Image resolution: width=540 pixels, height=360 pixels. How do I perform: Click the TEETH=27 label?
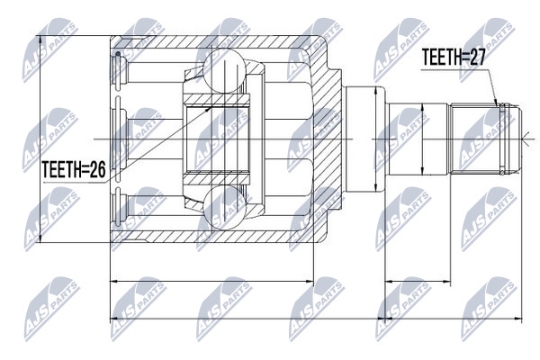pos(454,58)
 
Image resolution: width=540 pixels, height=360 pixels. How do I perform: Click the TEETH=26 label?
pos(74,169)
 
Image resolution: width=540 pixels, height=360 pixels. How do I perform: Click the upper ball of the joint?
pos(224,70)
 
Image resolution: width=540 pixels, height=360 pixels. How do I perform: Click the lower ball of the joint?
pos(224,208)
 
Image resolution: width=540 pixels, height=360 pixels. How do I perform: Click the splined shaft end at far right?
pos(486,139)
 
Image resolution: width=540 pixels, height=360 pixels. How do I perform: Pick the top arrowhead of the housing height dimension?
pos(40,40)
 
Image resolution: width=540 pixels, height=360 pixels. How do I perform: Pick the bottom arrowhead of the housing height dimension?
pos(40,238)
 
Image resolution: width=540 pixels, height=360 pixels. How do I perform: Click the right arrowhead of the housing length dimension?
pos(309,282)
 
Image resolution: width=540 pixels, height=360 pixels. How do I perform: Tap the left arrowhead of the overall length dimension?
pos(114,319)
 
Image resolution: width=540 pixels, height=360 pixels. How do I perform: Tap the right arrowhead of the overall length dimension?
pos(518,319)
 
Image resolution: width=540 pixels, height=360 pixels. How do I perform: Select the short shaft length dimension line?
pos(418,282)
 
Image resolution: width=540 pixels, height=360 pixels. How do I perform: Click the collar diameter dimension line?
pos(375,139)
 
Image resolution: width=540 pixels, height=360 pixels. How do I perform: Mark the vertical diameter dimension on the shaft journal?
pos(423,139)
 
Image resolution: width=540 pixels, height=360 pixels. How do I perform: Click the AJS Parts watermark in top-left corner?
pos(50,50)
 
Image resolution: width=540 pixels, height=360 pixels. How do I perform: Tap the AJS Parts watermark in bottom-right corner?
pos(489,309)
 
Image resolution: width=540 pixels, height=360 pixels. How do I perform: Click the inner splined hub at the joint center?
pos(216,139)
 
